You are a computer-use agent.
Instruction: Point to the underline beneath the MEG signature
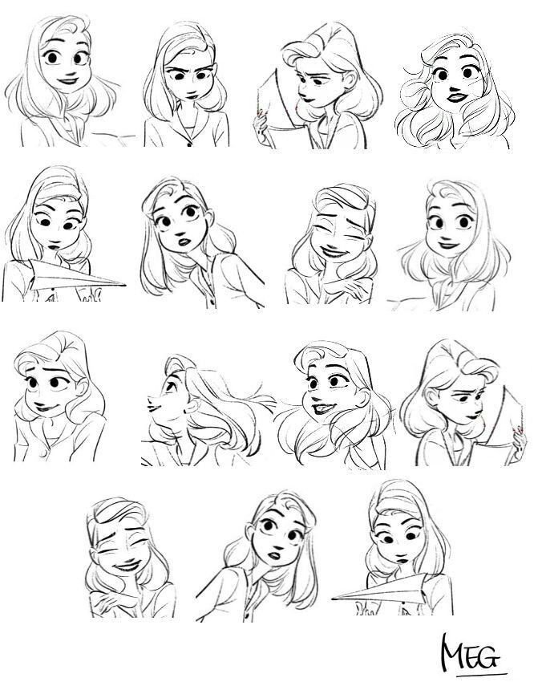coord(477,672)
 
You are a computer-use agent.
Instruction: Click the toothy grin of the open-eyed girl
coord(321,410)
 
